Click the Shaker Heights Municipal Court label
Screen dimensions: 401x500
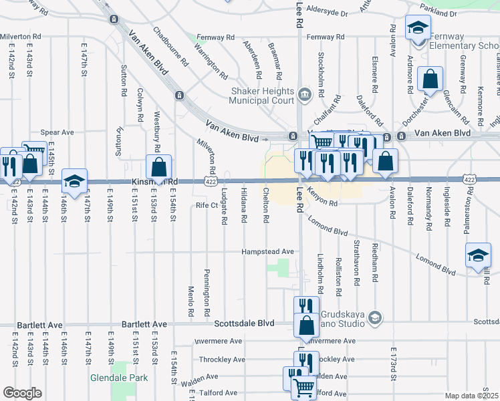point(261,96)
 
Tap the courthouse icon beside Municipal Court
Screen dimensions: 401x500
point(305,93)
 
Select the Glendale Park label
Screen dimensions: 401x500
point(118,378)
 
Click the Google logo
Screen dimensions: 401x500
point(22,393)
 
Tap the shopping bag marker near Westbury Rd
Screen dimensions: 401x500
point(158,166)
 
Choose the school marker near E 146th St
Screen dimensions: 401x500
point(74,180)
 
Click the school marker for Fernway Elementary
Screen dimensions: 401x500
point(418,28)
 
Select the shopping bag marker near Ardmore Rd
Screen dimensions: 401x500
point(430,79)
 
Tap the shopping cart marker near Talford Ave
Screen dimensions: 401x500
point(304,387)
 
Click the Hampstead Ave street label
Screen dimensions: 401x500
point(268,251)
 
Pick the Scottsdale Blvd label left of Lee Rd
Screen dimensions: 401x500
point(245,323)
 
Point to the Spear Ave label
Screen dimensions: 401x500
point(57,132)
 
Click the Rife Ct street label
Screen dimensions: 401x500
point(207,205)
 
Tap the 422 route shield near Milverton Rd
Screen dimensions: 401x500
point(209,181)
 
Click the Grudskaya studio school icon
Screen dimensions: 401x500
point(374,316)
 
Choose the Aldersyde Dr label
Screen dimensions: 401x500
point(327,13)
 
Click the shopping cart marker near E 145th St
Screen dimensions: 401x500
point(33,152)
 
